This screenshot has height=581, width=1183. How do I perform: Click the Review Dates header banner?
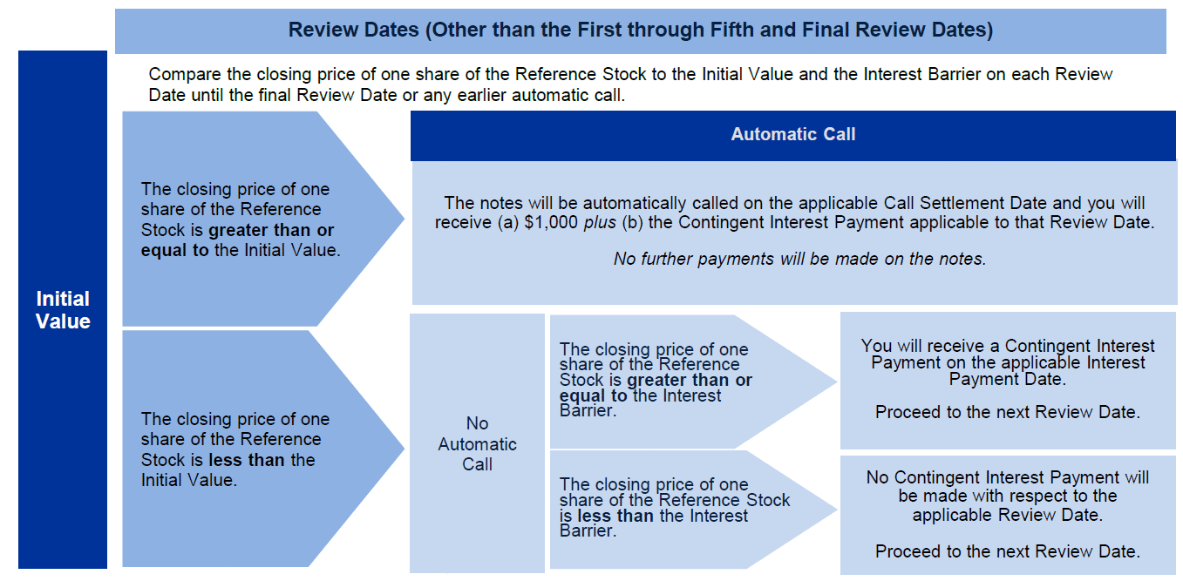640,30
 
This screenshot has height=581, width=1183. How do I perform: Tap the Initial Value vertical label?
63,310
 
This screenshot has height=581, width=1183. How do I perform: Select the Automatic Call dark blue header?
792,134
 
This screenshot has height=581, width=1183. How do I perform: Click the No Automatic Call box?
477,443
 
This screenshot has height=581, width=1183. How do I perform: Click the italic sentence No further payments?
799,259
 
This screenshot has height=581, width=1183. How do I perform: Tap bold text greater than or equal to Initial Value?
237,240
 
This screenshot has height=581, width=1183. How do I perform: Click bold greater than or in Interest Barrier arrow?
690,381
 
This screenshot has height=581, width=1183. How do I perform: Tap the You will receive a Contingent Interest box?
1007,381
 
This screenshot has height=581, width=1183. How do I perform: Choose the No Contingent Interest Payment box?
1007,514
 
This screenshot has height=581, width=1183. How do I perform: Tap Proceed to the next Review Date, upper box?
1007,412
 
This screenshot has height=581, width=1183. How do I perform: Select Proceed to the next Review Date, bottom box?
1007,551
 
